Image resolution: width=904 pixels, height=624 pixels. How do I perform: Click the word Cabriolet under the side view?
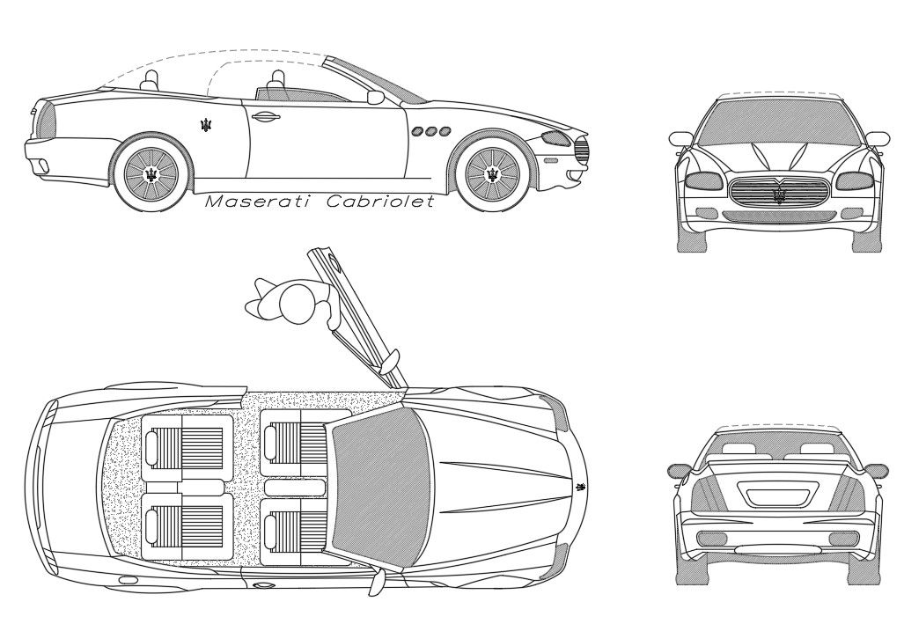[380, 202]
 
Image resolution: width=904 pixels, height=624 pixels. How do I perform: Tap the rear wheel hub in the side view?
[152, 173]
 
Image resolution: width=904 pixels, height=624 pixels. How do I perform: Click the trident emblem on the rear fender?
[207, 125]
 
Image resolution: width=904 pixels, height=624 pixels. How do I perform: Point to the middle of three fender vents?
[431, 131]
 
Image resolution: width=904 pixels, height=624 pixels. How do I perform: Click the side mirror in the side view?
[376, 96]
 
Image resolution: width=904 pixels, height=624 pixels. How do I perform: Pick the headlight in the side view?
[556, 138]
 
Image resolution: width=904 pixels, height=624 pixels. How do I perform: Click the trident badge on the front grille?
[779, 194]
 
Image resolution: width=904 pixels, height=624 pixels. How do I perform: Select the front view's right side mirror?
[877, 138]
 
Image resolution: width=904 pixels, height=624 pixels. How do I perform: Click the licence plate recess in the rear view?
[777, 494]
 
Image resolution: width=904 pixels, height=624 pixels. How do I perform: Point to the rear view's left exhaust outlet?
[712, 539]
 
